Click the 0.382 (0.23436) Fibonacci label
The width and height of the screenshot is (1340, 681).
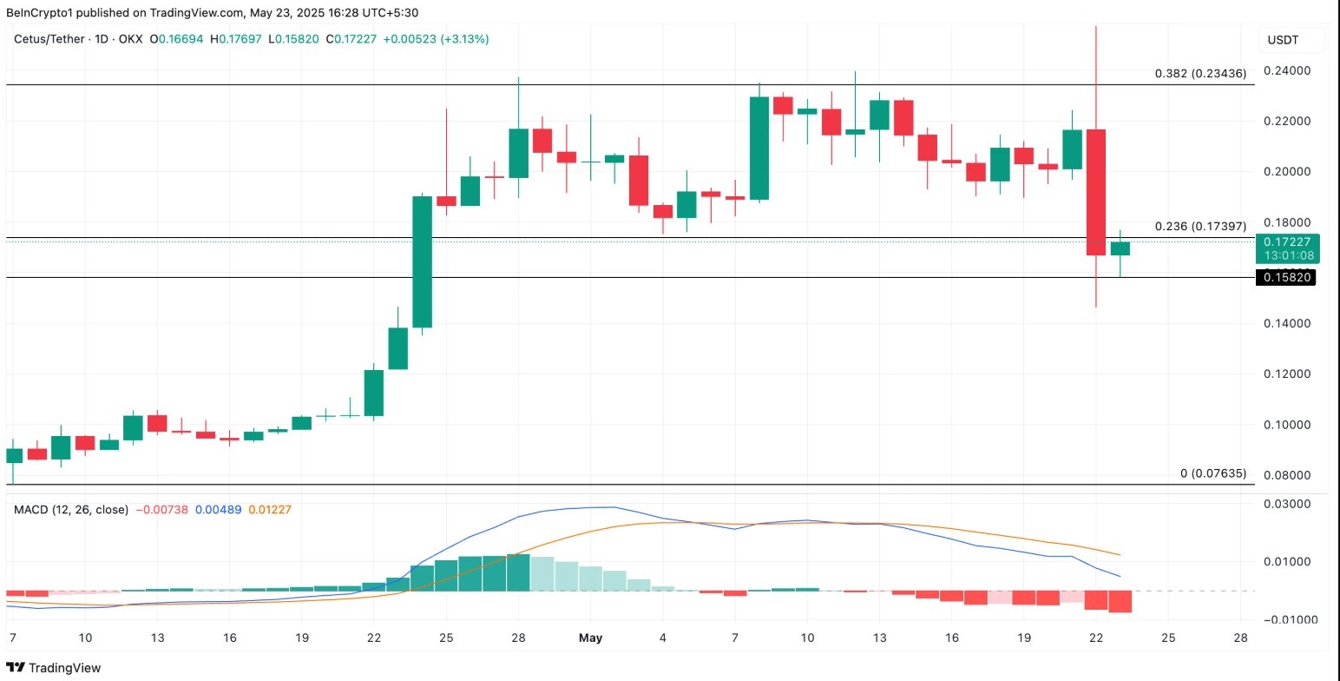pos(1200,74)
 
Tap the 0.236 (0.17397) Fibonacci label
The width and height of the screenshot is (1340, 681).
pos(1200,226)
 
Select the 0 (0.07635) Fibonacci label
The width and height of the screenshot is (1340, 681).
pos(1212,473)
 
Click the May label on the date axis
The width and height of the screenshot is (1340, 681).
pos(590,638)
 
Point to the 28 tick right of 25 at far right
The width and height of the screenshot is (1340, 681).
pos(1240,638)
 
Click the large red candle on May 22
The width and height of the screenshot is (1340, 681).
pos(1096,192)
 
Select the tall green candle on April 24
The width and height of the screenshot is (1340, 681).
pos(422,261)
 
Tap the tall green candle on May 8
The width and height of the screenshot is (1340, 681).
pos(759,149)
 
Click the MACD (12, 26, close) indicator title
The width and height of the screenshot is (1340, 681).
pos(70,510)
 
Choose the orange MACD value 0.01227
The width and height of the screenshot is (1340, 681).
pos(270,510)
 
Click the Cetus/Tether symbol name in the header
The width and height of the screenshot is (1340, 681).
pos(48,39)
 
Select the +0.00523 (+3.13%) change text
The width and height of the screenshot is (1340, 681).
pos(437,39)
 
